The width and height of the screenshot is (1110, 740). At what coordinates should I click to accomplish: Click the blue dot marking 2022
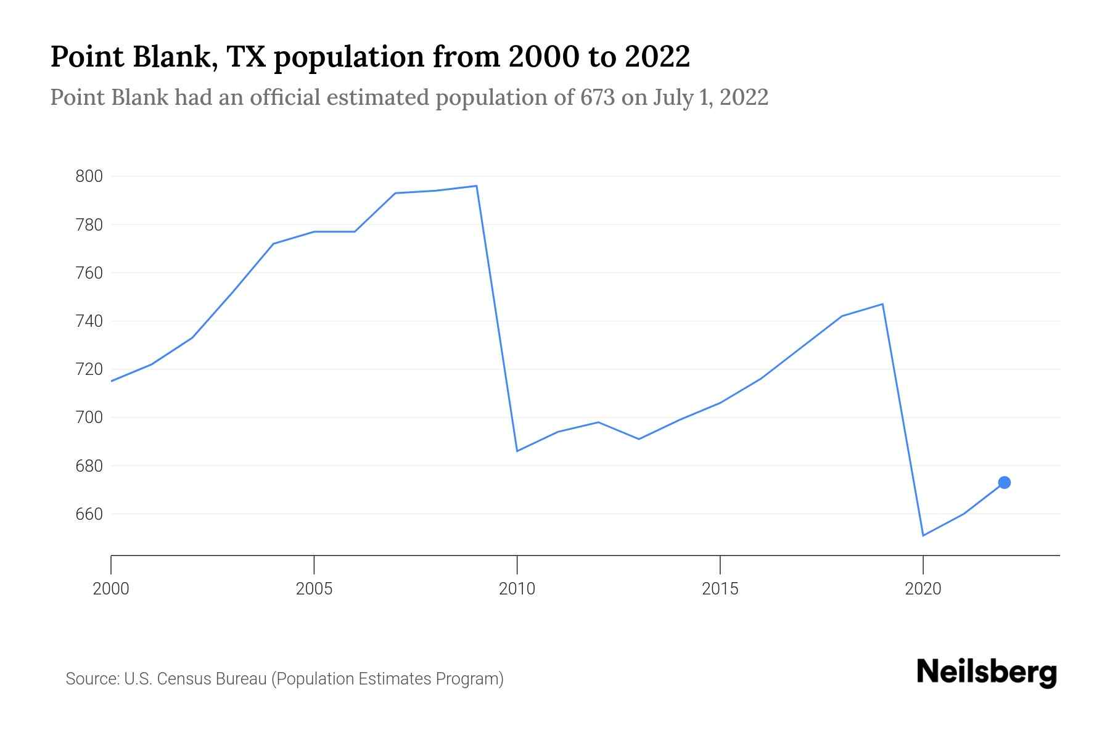coord(1004,482)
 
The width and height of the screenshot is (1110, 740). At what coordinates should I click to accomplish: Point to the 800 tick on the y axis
coord(88,176)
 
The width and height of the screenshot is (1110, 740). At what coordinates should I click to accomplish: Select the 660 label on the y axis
coord(88,514)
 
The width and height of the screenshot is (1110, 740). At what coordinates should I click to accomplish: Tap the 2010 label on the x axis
coord(517,589)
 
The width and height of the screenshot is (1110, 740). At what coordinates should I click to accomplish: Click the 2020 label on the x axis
coord(923,589)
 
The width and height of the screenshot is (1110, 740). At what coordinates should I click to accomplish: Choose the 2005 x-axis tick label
coord(314,589)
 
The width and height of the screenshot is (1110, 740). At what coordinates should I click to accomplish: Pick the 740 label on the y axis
coord(88,321)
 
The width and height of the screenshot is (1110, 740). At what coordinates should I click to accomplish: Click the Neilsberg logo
coord(987,672)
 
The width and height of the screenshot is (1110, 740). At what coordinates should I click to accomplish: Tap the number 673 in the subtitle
coord(597,97)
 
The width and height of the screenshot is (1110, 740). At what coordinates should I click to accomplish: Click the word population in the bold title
coord(348,57)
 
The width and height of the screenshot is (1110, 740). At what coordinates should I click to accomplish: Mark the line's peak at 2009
coord(476,186)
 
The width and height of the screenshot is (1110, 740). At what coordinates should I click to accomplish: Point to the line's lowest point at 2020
coord(923,535)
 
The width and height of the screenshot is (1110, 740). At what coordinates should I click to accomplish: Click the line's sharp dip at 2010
coord(517,451)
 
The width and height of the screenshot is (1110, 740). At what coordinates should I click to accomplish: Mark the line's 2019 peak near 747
coord(882,304)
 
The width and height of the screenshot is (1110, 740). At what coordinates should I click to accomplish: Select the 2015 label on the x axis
coord(720,589)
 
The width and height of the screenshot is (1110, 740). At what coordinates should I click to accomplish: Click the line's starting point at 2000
coord(112,381)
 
